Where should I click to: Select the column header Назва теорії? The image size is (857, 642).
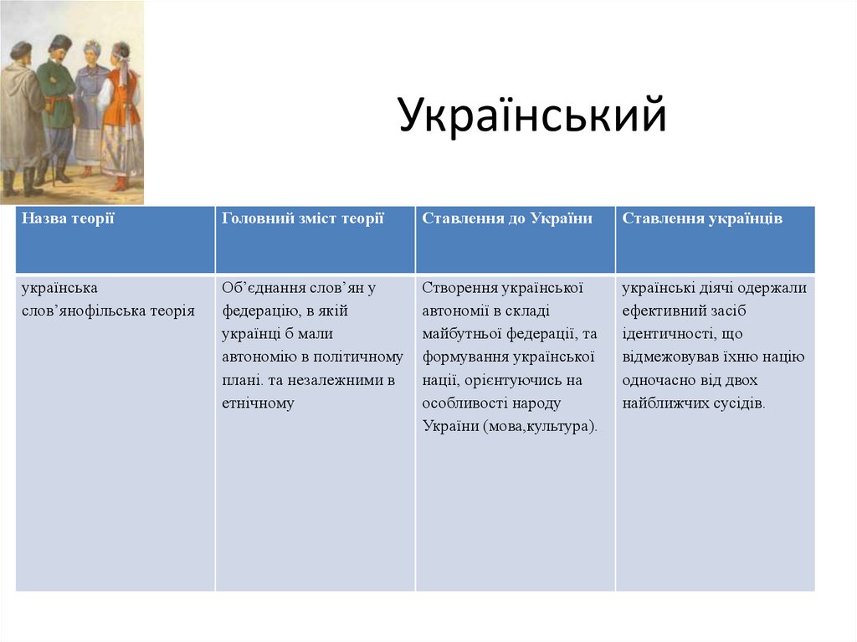coord(68,218)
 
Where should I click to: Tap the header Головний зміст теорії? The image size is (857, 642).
coord(303,218)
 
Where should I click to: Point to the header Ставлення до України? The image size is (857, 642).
coord(507,218)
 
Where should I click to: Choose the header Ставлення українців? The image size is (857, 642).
coord(702,218)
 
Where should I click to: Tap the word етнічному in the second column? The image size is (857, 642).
coord(259,403)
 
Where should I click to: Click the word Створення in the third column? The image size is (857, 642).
coord(459,288)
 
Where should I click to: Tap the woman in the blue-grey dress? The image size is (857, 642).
coord(90,105)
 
